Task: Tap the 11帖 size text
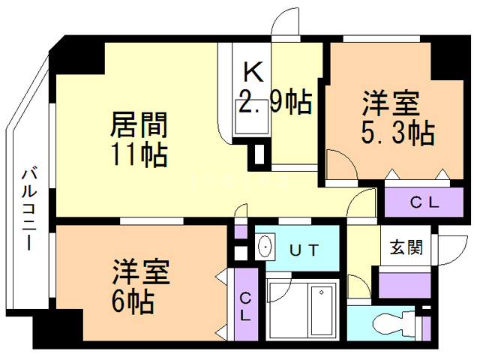(x=139, y=155)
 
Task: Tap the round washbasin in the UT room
(x=265, y=247)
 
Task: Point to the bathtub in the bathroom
(x=324, y=310)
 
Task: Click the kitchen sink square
(x=244, y=123)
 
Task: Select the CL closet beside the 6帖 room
(x=245, y=307)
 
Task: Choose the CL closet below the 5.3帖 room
(x=424, y=202)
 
